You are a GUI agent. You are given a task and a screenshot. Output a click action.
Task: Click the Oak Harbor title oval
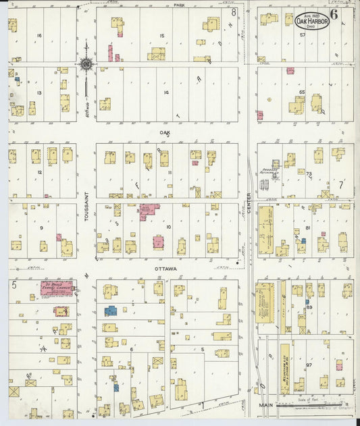(x=311, y=20)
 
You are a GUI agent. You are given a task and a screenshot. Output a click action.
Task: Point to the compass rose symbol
(x=86, y=65)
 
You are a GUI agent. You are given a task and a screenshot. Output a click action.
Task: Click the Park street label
(x=179, y=5)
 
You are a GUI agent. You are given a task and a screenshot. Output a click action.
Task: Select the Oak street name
(x=165, y=133)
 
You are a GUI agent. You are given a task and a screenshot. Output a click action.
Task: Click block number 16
(x=39, y=35)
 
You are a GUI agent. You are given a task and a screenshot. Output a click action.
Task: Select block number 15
(x=162, y=35)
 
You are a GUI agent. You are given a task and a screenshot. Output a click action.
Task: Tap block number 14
(x=165, y=92)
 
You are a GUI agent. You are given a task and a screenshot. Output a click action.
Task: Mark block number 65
(x=302, y=91)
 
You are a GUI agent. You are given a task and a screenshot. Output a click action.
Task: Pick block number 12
(x=40, y=172)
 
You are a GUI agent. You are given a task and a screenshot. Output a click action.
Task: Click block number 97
(x=309, y=365)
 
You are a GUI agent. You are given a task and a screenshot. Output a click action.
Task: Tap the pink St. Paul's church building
(x=59, y=289)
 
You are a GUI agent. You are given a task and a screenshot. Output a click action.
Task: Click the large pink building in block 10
(x=149, y=211)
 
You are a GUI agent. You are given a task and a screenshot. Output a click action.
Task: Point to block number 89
(x=309, y=307)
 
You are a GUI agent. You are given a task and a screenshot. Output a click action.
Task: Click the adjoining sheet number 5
(x=14, y=285)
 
